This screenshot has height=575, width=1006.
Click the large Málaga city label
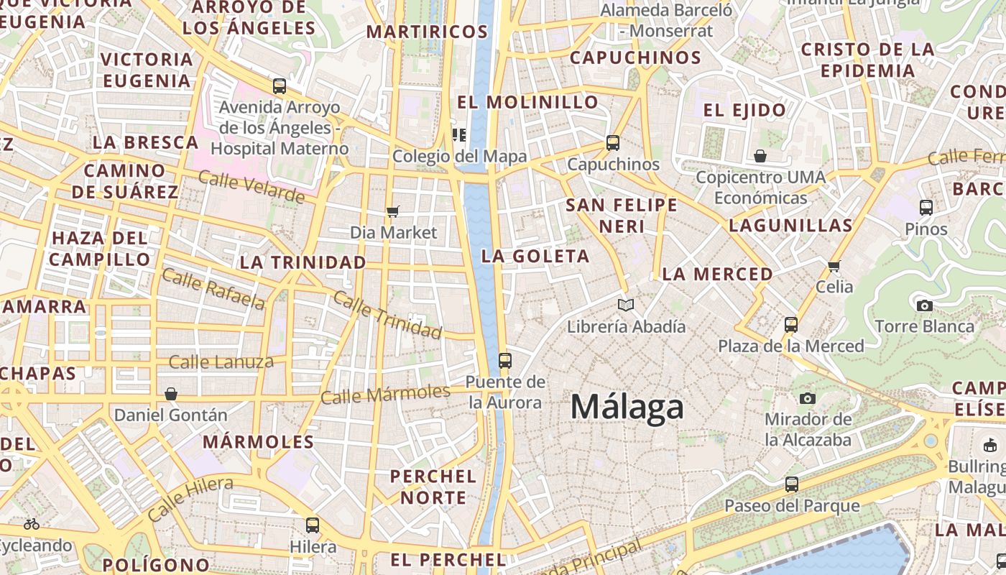(627, 408)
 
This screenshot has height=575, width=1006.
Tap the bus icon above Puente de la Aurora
(505, 361)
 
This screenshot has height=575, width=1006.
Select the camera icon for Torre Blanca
(925, 305)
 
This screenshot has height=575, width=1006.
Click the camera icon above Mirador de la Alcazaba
(808, 398)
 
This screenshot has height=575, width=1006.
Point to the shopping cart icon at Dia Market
(392, 211)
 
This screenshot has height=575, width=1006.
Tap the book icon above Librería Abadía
(626, 305)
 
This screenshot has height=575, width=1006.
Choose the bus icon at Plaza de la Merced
(791, 325)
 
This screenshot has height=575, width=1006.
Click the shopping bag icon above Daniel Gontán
(171, 394)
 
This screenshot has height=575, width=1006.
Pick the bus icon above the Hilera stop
(313, 525)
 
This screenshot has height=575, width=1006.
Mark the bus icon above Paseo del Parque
(792, 484)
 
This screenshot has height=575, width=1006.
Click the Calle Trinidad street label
(387, 315)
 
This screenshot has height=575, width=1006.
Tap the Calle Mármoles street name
(385, 394)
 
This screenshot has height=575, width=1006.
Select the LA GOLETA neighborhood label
(535, 256)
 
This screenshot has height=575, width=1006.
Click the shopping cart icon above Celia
(834, 266)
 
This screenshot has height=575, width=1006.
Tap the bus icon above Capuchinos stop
(613, 143)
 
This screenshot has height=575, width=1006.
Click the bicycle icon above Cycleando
(32, 524)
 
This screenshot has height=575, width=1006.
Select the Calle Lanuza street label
(221, 362)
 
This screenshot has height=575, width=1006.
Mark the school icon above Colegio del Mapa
(459, 134)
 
